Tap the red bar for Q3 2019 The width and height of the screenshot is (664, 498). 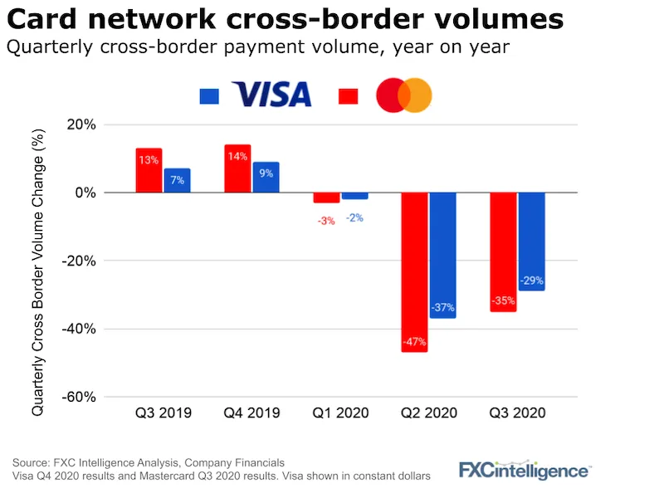pos(149,170)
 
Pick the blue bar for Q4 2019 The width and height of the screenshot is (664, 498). pos(266,177)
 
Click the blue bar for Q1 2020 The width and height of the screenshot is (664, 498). pos(354,196)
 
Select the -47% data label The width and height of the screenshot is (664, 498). pos(414,341)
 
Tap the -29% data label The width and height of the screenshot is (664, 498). pos(531,281)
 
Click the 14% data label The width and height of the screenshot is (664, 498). pos(237,156)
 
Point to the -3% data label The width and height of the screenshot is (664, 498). pos(325,220)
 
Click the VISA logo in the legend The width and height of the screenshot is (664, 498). pos(271,95)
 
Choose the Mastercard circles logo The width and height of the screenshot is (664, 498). pos(404,95)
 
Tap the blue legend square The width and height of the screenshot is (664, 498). pos(209,96)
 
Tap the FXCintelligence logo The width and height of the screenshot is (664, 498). pos(525,471)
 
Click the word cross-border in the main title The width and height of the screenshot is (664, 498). pos(294,18)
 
